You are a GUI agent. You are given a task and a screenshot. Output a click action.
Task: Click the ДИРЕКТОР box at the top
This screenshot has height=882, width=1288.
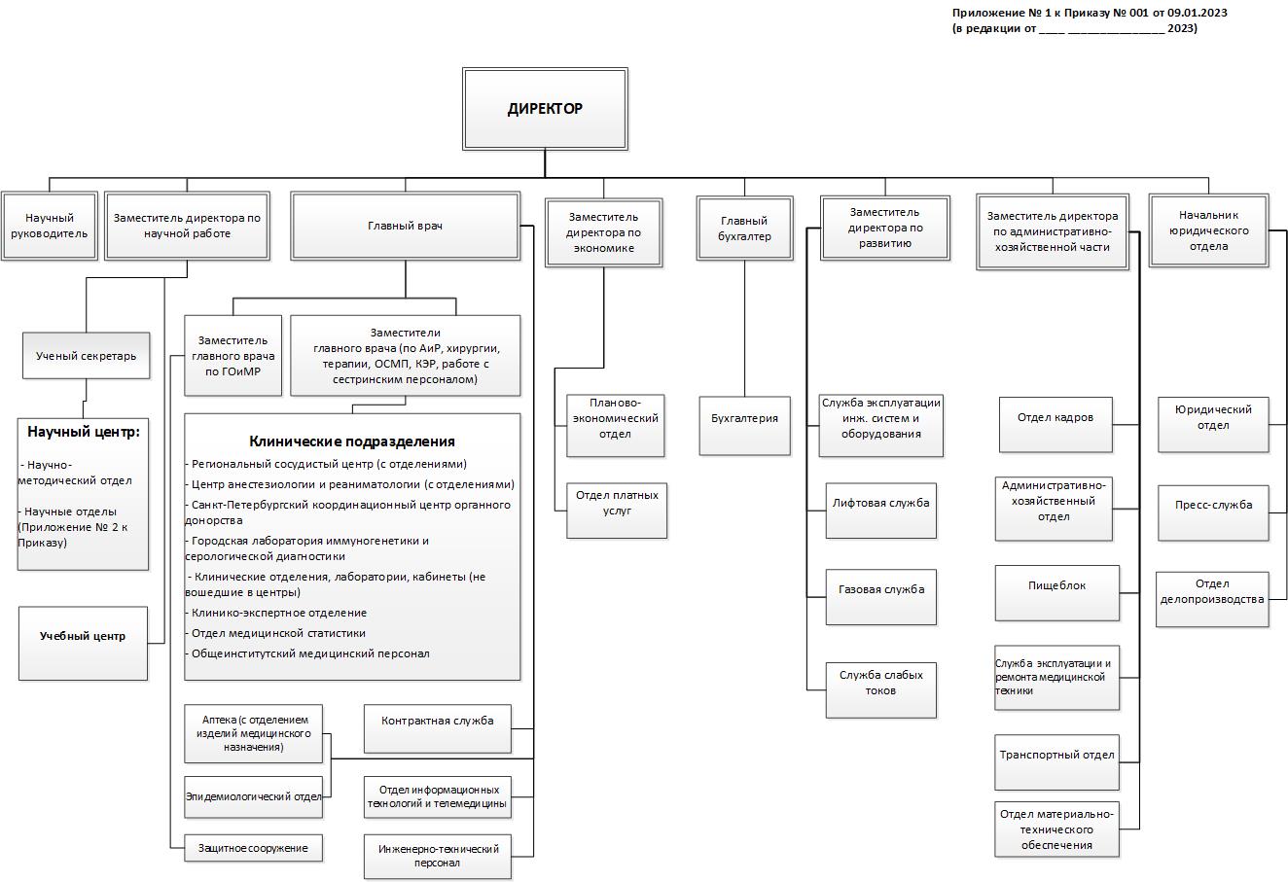[545, 109]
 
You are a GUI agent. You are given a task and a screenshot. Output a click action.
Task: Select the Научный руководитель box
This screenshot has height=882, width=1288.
[50, 226]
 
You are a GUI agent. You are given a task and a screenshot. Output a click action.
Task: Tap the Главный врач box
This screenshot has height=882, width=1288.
[406, 226]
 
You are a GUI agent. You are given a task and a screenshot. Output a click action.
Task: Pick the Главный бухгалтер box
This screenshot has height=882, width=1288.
[744, 229]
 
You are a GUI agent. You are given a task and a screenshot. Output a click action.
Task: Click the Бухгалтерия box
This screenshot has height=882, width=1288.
[744, 426]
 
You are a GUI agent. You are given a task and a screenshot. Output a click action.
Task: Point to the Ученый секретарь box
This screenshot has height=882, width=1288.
[87, 356]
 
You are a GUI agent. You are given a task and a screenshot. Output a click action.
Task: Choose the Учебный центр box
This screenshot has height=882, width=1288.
[83, 644]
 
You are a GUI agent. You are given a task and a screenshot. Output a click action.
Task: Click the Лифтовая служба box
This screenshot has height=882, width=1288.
[881, 511]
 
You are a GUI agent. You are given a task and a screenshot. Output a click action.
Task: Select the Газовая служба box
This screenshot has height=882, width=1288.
[881, 597]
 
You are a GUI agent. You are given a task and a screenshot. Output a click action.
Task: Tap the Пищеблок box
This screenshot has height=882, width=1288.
[1056, 593]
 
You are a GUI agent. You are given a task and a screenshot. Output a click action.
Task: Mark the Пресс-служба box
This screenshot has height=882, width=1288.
[1213, 513]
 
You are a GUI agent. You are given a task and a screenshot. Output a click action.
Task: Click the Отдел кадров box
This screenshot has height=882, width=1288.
[1055, 425]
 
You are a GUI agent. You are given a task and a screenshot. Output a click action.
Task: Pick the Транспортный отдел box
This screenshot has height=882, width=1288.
[1056, 762]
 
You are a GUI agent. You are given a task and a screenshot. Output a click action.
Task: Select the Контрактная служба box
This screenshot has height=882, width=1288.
[438, 728]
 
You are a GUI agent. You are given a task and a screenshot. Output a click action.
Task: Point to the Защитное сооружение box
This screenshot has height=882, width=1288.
[254, 848]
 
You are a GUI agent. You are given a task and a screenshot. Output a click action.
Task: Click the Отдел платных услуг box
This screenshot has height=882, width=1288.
[617, 511]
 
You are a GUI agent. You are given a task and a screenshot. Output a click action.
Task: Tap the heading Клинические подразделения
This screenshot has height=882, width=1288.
[352, 441]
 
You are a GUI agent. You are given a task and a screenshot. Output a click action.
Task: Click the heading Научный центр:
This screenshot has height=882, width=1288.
[84, 432]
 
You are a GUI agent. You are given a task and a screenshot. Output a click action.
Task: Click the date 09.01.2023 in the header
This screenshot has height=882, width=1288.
[1198, 13]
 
